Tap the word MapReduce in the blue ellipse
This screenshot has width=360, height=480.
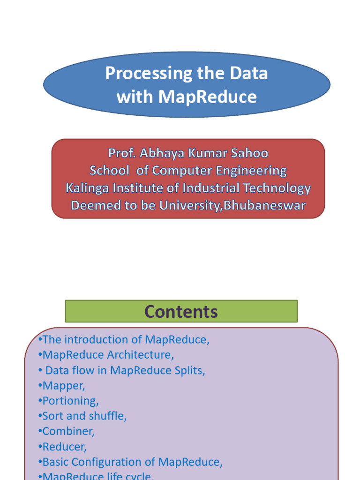(207, 97)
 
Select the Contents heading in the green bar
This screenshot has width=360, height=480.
(181, 312)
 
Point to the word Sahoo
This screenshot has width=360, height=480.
(251, 153)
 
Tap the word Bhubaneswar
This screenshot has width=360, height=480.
(265, 205)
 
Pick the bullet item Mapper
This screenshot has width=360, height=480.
(64, 386)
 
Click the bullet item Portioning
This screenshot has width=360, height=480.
(70, 401)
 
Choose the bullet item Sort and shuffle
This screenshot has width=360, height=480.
(84, 416)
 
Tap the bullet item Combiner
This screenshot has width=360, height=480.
(68, 431)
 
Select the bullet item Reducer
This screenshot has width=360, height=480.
(64, 447)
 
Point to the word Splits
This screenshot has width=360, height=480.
(189, 370)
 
